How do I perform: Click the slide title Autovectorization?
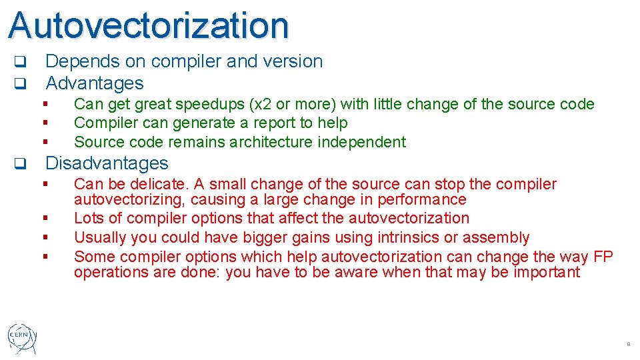tap(149, 25)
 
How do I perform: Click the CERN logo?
tap(22, 338)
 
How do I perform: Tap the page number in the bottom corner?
tap(627, 345)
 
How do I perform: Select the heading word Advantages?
tap(94, 83)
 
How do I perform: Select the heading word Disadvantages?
tap(107, 163)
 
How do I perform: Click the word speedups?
tap(210, 104)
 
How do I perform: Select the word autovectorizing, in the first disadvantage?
tap(131, 199)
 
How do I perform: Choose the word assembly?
tap(497, 237)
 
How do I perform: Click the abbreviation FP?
tap(602, 257)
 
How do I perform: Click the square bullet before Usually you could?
tap(45, 237)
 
